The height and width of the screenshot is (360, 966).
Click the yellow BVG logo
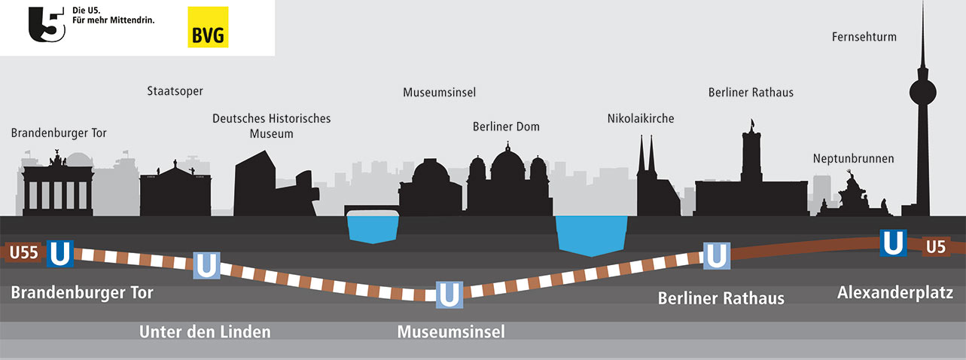pos(208,27)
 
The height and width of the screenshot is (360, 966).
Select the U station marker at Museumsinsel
pos(449,293)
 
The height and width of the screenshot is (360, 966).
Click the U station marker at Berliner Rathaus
pos(716,256)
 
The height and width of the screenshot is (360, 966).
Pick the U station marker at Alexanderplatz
pos(893,243)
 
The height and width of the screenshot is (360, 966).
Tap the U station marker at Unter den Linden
pos(207,265)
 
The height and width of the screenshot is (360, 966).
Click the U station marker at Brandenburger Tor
pos(59,254)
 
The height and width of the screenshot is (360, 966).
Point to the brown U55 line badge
pos(23,254)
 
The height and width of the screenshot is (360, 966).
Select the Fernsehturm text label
pos(864,36)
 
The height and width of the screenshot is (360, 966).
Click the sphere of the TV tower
pos(923,93)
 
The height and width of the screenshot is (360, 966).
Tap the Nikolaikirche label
pos(641,118)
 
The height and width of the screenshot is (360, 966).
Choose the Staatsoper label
pos(175,91)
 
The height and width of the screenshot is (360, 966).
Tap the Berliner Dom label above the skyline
pos(506,126)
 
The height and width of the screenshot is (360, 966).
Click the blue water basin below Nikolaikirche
pos(591,233)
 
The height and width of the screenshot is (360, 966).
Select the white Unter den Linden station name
pos(205,331)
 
